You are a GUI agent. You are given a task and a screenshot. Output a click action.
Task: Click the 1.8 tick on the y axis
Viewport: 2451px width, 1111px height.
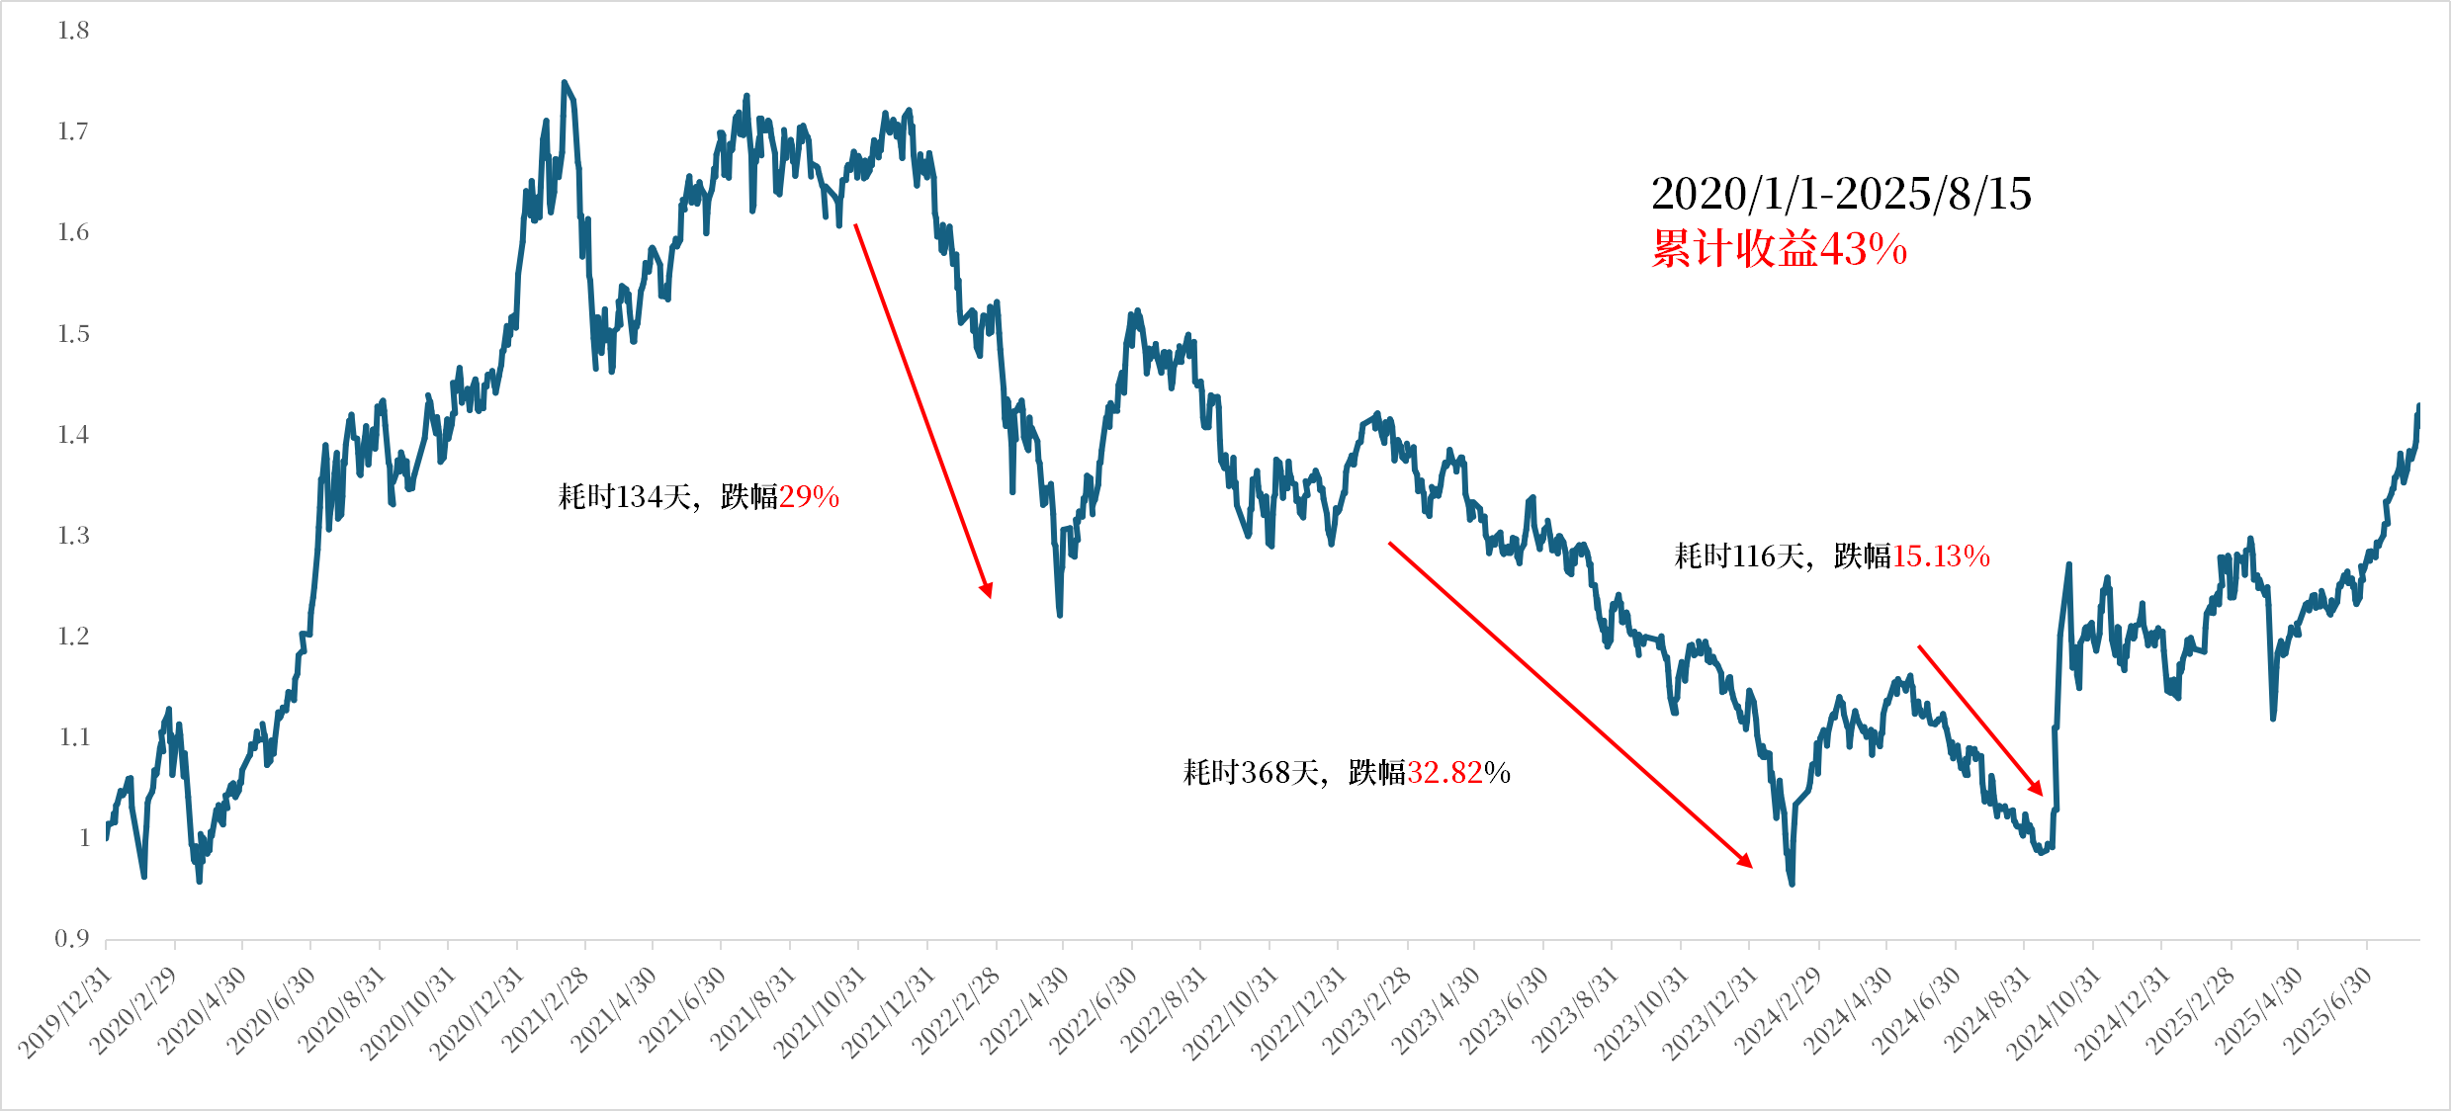click(73, 32)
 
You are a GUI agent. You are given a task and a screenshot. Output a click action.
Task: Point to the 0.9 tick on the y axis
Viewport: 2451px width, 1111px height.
click(71, 939)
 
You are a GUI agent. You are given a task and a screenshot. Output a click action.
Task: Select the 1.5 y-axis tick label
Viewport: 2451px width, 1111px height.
click(73, 334)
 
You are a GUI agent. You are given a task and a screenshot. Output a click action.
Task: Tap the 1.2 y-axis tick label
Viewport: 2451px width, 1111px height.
click(73, 637)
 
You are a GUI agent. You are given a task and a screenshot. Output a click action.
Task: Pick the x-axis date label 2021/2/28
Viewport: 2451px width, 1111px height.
click(546, 1010)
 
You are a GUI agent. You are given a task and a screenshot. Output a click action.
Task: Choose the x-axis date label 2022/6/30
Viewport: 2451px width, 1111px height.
click(1093, 1010)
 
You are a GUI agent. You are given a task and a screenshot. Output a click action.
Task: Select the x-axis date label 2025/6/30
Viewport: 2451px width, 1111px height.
click(2326, 1010)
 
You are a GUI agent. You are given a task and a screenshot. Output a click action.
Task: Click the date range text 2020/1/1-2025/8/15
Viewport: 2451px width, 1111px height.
click(1841, 194)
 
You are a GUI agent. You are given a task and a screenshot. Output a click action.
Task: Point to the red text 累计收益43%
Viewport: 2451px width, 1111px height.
click(1779, 249)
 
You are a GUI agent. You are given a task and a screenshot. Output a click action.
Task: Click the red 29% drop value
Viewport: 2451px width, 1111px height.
click(809, 496)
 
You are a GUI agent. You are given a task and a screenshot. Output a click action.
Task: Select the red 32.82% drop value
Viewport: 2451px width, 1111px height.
click(1458, 772)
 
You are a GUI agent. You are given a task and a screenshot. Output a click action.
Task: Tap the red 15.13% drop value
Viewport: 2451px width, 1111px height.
click(1941, 556)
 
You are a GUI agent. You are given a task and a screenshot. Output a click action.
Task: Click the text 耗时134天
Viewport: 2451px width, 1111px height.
click(625, 496)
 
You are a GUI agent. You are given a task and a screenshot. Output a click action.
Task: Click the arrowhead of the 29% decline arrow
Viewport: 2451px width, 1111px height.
click(987, 590)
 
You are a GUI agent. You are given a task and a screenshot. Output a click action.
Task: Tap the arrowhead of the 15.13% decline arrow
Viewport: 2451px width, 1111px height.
click(2037, 789)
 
